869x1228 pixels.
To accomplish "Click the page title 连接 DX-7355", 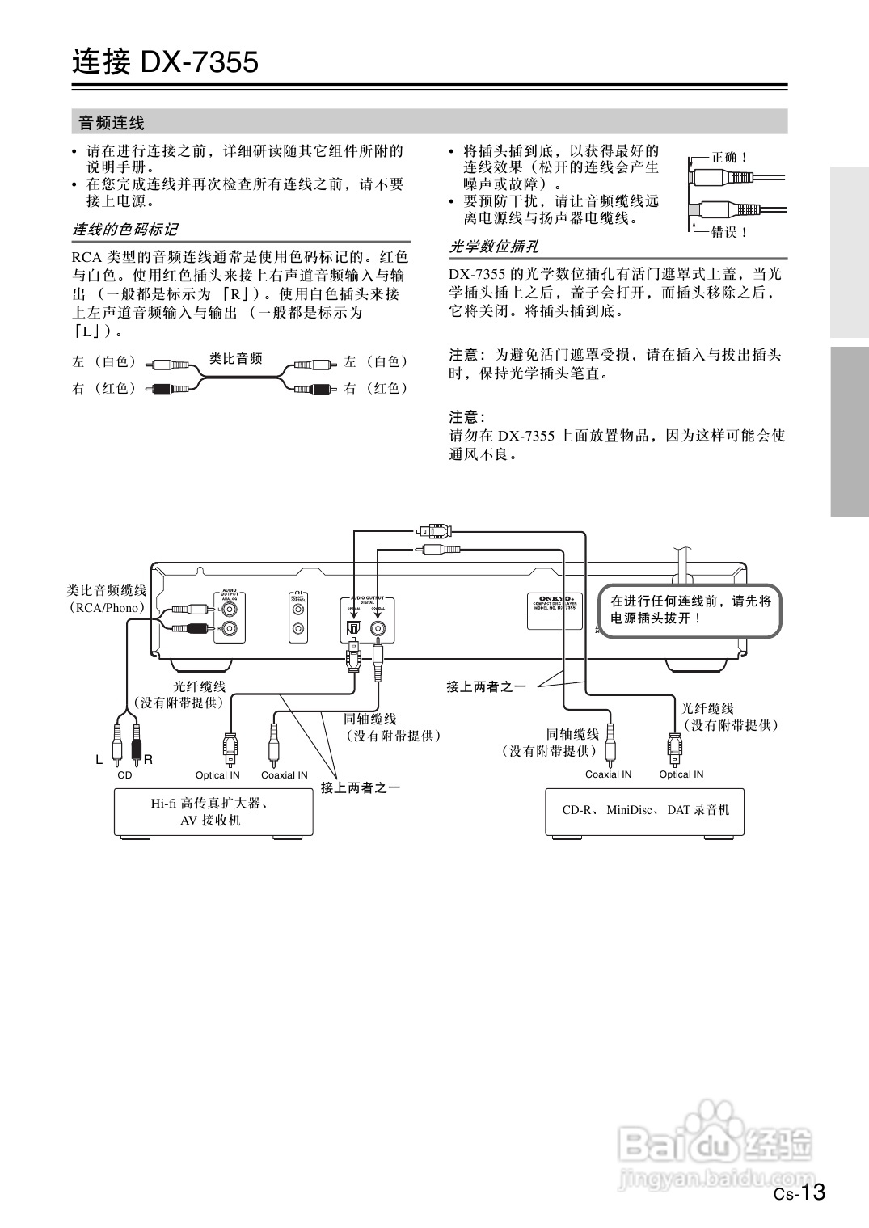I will (166, 62).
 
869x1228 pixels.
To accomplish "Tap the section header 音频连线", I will (112, 123).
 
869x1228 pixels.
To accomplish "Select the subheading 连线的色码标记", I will (125, 230).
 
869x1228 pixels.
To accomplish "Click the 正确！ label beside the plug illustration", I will (730, 158).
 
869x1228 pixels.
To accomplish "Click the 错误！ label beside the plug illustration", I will (730, 232).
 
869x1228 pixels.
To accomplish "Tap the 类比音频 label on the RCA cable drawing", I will (235, 358).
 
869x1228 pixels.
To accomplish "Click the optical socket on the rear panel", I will (353, 627).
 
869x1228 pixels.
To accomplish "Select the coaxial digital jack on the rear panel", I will (378, 627).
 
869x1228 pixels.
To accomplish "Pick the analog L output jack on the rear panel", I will (231, 609).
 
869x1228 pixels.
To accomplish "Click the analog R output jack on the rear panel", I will (231, 628).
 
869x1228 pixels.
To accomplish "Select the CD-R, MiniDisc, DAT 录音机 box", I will (645, 810).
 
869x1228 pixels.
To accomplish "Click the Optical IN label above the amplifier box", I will (217, 774).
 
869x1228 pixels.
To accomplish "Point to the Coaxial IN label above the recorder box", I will (608, 774).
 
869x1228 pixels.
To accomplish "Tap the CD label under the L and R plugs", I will (124, 774).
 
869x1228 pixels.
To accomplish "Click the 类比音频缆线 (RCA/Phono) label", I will (107, 598).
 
